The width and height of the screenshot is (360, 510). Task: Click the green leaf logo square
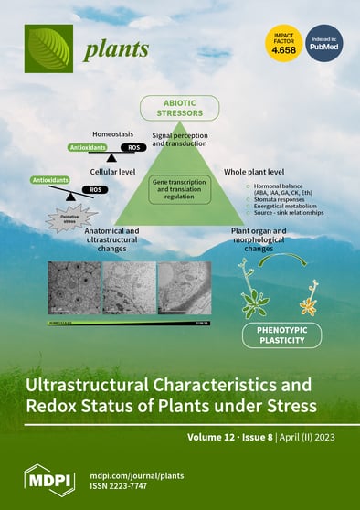click(48, 48)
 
